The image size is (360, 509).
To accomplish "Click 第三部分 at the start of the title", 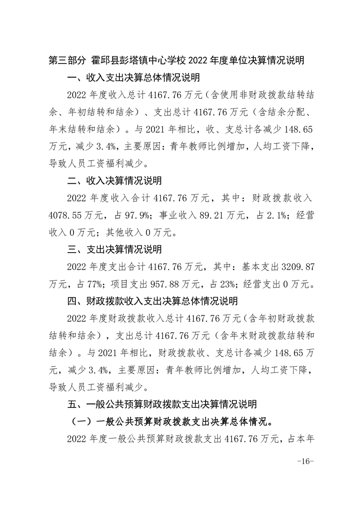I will click(x=67, y=60).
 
